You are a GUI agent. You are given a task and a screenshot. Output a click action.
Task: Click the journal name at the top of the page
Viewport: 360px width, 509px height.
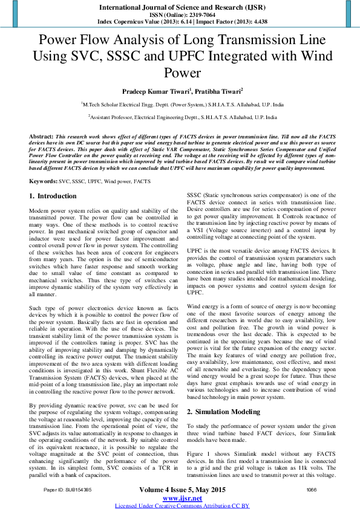180,7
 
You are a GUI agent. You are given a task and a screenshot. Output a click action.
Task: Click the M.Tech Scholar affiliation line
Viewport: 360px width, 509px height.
180,104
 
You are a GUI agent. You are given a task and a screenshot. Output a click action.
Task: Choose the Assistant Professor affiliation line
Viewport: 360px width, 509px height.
180,118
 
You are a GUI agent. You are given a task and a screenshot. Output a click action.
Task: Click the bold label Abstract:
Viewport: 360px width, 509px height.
41,138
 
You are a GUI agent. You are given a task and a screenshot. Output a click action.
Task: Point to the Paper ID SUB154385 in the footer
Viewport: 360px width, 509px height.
67,488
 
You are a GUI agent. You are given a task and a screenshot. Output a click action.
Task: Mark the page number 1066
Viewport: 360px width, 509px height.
312,488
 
